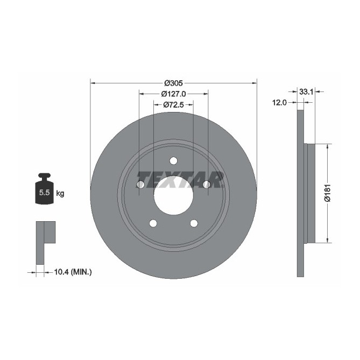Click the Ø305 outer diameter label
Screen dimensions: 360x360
point(173,83)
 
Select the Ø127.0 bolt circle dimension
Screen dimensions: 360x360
point(173,94)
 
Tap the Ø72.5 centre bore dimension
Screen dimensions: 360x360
point(173,104)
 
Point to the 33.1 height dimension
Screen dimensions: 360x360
point(306,92)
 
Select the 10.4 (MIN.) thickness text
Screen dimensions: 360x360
point(72,273)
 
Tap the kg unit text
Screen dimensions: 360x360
point(60,193)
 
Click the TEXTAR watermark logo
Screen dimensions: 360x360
point(180,179)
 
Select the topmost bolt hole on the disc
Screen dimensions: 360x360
point(173,160)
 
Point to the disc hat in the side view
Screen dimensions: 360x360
point(309,193)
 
